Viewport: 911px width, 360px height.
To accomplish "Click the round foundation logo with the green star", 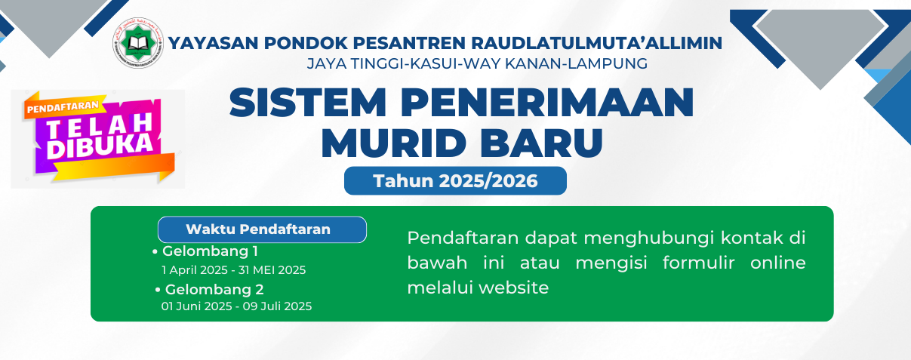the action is point(138,43).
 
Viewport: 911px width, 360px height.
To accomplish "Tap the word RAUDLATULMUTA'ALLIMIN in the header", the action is point(596,43).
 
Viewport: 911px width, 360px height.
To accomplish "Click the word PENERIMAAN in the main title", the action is point(547,102).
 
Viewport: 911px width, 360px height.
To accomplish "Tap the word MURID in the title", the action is point(394,143).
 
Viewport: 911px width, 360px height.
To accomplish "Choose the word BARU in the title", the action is point(541,143).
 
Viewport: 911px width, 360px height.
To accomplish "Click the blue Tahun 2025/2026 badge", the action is point(456,181).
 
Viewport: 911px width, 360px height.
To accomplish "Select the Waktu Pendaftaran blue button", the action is point(262,229).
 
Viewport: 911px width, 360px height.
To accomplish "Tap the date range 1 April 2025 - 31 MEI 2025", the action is point(233,270).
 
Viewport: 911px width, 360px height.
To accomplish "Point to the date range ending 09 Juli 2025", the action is point(236,306).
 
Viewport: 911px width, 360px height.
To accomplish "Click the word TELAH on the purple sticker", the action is point(100,124).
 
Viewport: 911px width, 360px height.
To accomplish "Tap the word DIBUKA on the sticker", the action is point(100,146).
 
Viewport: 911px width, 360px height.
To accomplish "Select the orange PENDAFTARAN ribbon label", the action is point(63,106).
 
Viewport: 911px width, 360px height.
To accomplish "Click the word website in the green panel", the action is point(514,288).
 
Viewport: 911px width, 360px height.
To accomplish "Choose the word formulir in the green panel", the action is point(699,263).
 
